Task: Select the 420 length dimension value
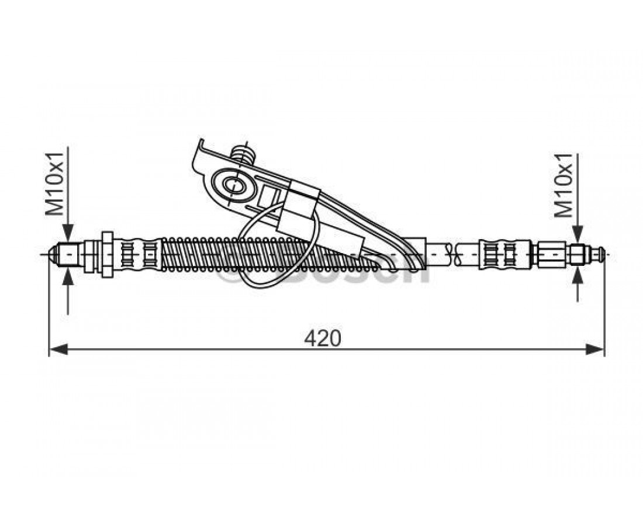322,337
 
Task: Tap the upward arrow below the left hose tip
69,275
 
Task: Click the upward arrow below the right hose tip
578,275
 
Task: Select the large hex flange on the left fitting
108,255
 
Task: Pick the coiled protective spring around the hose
234,255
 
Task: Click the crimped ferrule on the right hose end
497,255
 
